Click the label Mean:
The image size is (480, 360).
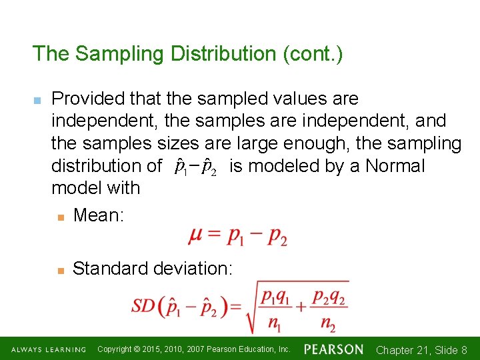(99, 215)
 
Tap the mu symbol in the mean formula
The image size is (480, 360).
(197, 236)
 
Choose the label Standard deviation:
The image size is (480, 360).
(153, 268)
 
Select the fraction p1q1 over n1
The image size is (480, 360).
(275, 310)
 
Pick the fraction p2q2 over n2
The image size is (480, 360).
(329, 310)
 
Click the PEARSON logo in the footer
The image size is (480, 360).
(333, 349)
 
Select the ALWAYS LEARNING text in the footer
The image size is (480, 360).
(49, 349)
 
